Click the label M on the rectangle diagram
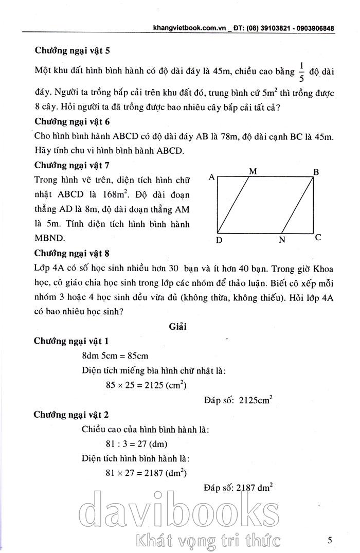point(253,171)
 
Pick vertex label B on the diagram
point(316,172)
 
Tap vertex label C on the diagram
point(318,238)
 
